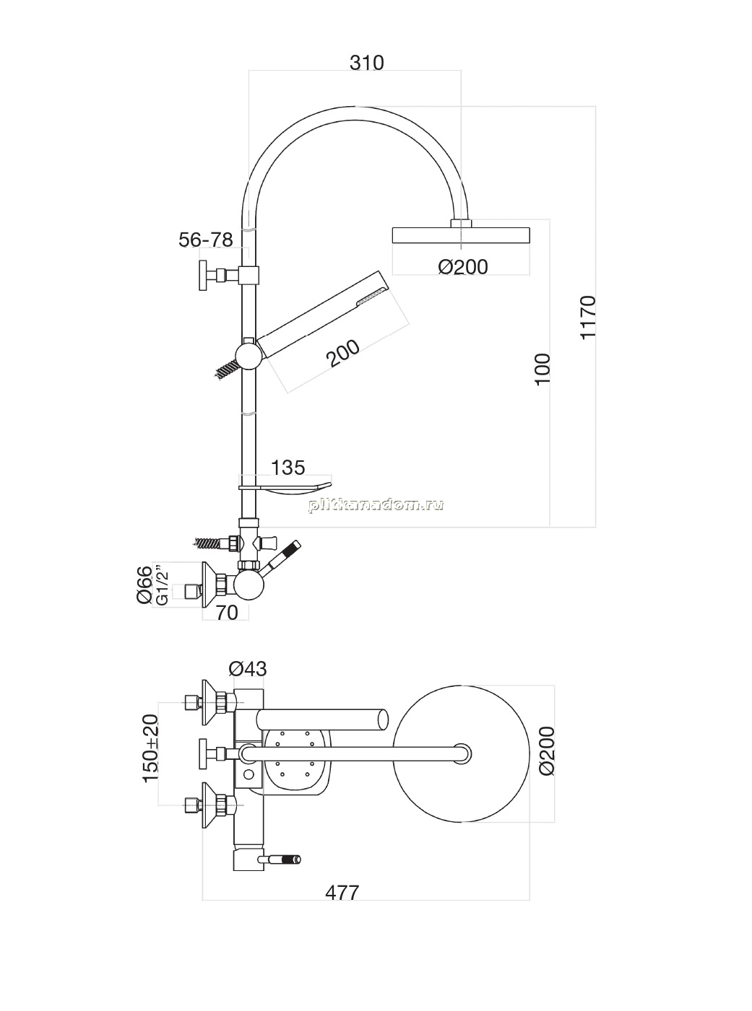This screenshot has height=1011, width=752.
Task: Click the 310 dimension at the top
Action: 367,63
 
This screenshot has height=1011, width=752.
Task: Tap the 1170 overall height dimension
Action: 589,317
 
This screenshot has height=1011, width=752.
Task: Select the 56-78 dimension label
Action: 206,240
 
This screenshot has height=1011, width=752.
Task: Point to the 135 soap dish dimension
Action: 288,467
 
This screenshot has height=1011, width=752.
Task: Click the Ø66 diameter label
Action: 144,585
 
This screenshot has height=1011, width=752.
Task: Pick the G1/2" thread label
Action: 162,586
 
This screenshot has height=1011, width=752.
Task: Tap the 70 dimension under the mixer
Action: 227,613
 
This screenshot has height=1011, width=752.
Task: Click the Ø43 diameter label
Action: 247,669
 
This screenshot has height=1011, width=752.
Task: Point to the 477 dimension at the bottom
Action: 342,893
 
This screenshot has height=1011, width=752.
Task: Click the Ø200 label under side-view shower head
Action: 463,267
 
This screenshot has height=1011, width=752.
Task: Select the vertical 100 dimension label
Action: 543,369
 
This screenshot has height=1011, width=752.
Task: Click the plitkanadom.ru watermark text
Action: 376,505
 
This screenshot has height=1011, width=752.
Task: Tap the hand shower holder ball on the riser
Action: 249,356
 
